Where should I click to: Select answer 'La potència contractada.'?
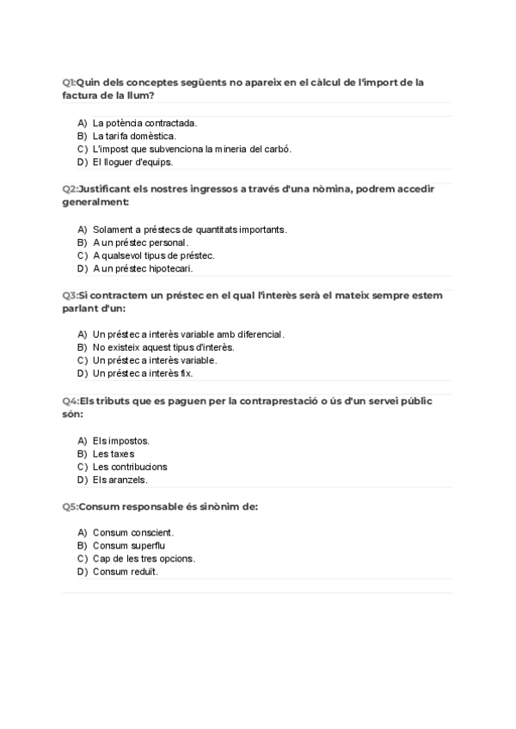[x=144, y=123]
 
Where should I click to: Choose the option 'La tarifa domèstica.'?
[x=134, y=136]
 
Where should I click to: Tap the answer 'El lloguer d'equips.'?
[x=132, y=162]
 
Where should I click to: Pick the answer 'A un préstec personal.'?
[x=140, y=242]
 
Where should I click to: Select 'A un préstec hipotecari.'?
[x=143, y=268]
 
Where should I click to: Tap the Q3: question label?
[x=70, y=296]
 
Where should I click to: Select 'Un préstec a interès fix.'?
[x=143, y=373]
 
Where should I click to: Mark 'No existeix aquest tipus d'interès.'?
[x=163, y=347]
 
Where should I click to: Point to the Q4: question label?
[x=70, y=401]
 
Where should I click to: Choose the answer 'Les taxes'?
[x=114, y=454]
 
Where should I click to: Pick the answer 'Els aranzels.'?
[x=120, y=480]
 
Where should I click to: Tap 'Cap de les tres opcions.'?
[x=144, y=559]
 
